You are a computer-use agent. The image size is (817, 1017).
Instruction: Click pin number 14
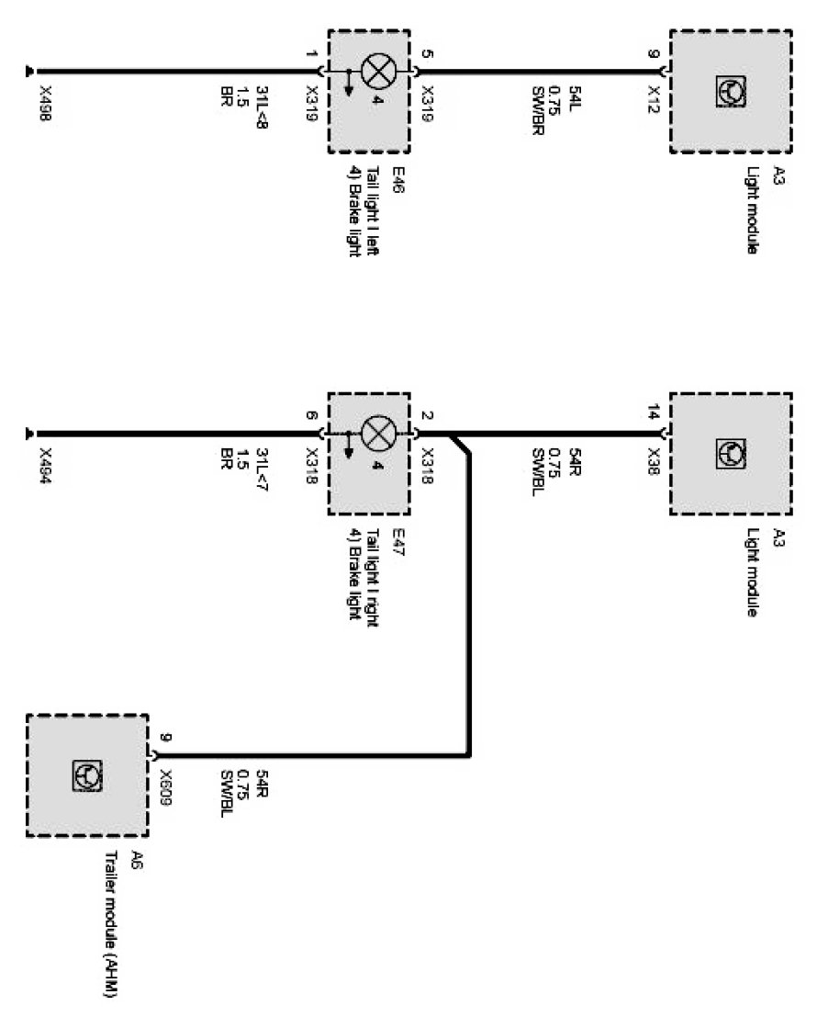(x=655, y=414)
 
